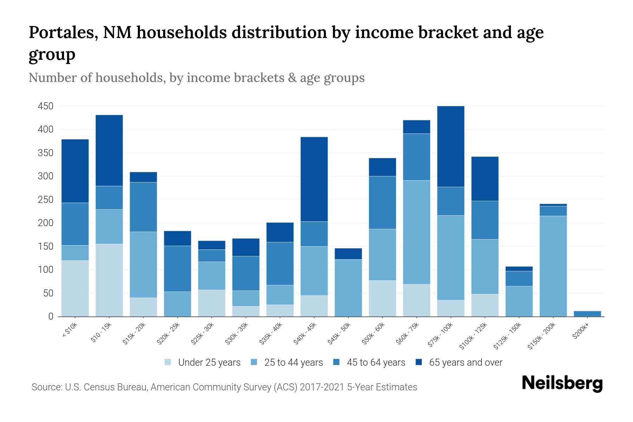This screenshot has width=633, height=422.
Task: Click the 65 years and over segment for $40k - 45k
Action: (x=314, y=179)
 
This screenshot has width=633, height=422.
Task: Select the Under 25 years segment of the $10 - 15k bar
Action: (x=109, y=280)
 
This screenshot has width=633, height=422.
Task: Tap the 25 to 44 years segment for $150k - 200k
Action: (x=553, y=266)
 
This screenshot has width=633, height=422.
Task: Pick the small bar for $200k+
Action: (x=587, y=313)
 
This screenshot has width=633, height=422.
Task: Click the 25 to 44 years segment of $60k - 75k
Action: (x=416, y=232)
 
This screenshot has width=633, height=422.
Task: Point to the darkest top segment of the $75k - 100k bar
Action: (x=450, y=146)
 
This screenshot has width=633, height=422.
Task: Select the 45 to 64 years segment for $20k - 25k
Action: (x=178, y=269)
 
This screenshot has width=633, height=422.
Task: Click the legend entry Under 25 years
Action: (x=209, y=363)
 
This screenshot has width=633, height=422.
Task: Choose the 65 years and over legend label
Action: (x=466, y=363)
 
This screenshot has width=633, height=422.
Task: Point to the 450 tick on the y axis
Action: (x=46, y=106)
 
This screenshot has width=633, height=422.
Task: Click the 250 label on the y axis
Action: (x=46, y=200)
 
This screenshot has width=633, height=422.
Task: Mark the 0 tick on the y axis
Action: (x=51, y=316)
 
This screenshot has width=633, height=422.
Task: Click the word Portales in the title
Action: (x=63, y=33)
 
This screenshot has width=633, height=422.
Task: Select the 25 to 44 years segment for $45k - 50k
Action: (x=348, y=288)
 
